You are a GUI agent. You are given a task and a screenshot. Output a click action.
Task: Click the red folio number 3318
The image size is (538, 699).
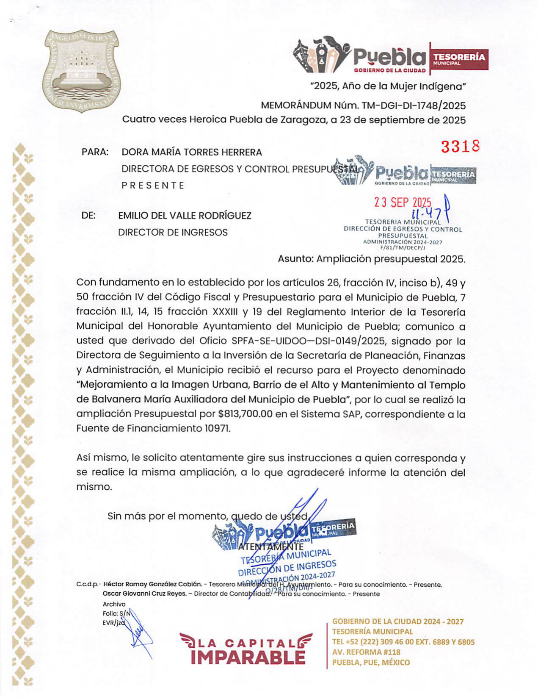click(x=460, y=147)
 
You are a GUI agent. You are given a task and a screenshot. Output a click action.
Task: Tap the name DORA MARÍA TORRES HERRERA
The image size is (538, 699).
click(x=191, y=152)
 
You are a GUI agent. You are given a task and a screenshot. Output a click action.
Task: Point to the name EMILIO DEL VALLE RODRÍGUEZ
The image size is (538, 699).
click(x=185, y=216)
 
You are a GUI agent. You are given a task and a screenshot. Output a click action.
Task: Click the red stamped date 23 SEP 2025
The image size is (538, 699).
click(x=402, y=202)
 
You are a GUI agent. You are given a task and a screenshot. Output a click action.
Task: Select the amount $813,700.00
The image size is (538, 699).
click(x=246, y=414)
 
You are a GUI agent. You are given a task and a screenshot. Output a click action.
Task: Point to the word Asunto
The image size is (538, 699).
click(x=295, y=259)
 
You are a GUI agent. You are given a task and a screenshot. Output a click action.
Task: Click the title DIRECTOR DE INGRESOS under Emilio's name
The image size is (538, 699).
click(x=173, y=232)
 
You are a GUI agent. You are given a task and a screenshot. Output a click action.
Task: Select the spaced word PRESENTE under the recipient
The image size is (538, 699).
click(x=153, y=186)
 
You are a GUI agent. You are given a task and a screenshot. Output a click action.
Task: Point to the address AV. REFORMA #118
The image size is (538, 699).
click(x=366, y=652)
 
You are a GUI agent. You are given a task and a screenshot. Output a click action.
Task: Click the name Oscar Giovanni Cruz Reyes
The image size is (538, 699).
click(x=145, y=594)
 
